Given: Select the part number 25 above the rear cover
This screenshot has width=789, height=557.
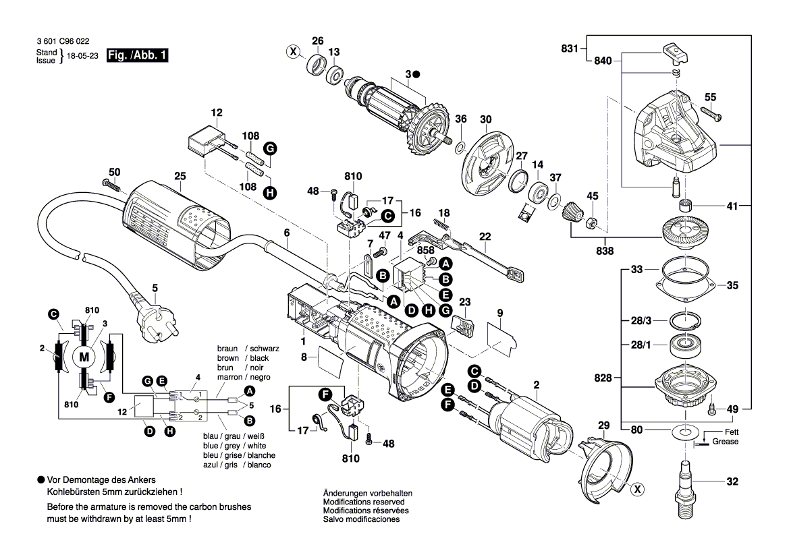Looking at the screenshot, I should (179, 177).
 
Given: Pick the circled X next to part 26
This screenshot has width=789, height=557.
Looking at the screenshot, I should (293, 51).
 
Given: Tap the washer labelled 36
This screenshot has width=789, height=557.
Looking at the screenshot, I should (460, 146).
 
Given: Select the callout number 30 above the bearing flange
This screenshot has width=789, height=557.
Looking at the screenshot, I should (486, 119).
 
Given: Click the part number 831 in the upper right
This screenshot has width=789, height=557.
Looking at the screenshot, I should (570, 49).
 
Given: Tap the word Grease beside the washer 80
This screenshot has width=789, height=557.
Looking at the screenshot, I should (726, 442).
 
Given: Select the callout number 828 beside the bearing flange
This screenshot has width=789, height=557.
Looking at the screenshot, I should (604, 378).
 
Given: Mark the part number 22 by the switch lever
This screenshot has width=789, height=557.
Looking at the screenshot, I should (485, 236).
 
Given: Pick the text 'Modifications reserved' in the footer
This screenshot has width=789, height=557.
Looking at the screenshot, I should (364, 502).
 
